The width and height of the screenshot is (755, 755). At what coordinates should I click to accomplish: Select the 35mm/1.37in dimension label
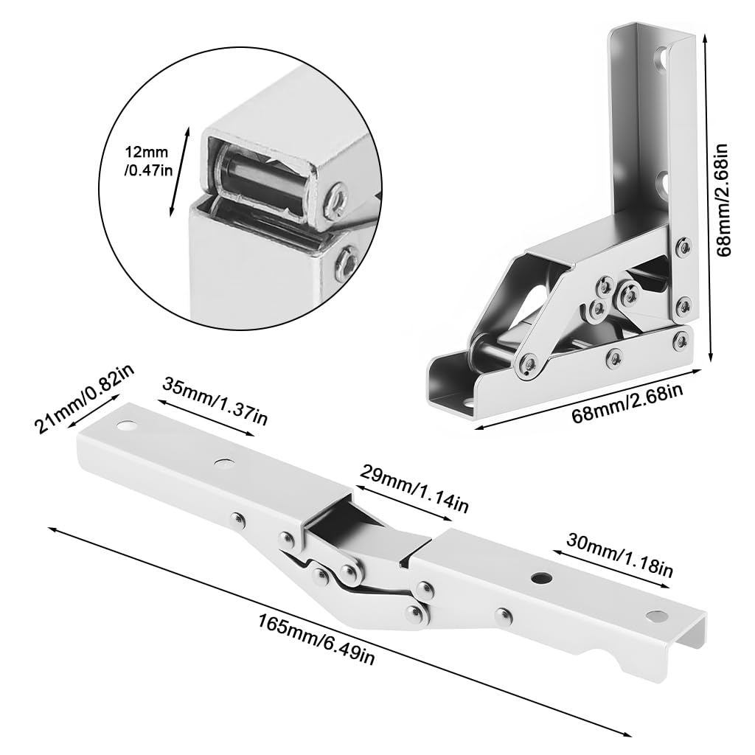coord(213,403)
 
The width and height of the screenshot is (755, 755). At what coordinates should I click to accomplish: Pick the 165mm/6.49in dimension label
coord(317,630)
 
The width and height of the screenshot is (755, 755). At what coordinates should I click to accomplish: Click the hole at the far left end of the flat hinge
coord(126,426)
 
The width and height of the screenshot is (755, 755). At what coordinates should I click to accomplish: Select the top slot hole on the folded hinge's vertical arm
coord(664,58)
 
